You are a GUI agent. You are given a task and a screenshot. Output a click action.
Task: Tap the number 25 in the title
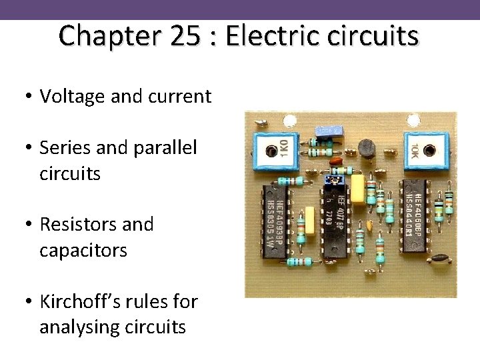tap(184, 36)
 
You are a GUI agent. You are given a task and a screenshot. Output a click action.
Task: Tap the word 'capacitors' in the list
tap(83, 250)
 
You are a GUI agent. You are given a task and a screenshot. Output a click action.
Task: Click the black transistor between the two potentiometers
tap(367, 151)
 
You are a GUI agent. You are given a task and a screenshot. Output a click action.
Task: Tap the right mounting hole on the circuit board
tap(414, 121)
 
